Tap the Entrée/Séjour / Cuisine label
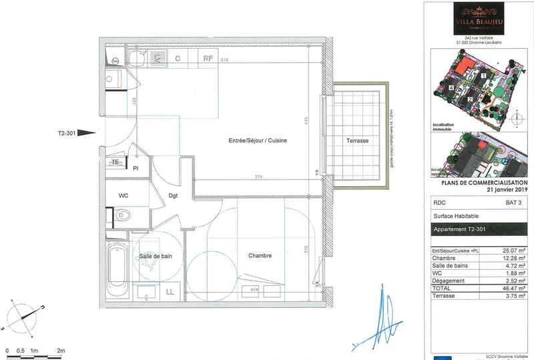point(257,140)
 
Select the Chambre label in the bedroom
point(260,256)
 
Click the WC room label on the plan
point(123,196)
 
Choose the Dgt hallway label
point(173,196)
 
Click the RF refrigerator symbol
point(208,58)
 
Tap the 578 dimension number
point(225,61)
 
